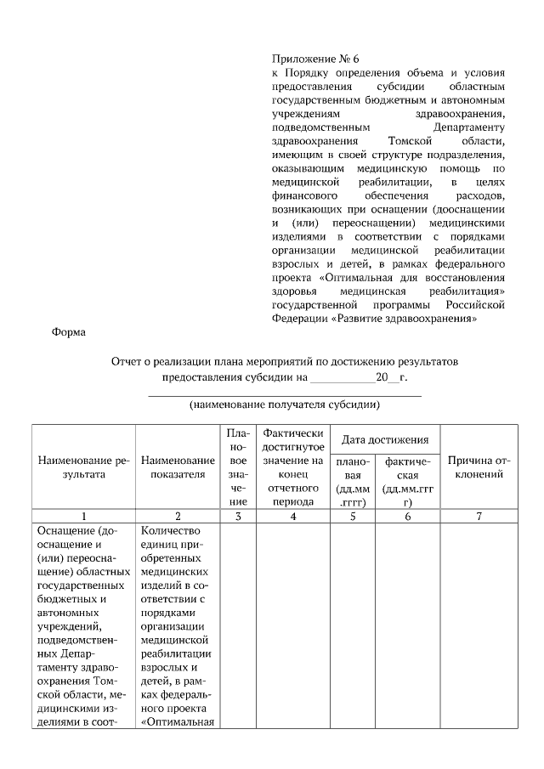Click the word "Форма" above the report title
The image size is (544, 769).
tap(69, 332)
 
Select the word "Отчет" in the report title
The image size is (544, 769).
tap(128, 362)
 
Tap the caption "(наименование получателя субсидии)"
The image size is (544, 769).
tap(285, 404)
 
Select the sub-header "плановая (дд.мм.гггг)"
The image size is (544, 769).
tap(352, 482)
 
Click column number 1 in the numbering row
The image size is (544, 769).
tap(83, 516)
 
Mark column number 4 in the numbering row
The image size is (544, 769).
tap(293, 516)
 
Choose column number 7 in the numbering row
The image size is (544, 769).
tap(479, 516)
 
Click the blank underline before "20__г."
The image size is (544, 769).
tap(341, 376)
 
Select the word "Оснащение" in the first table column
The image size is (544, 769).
tap(66, 530)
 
